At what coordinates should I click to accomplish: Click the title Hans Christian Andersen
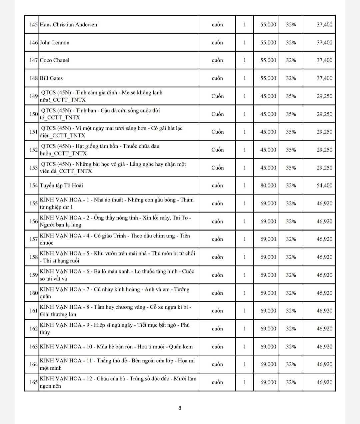coord(68,25)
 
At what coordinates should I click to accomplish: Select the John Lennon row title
coord(55,43)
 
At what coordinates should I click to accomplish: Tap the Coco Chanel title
coord(55,60)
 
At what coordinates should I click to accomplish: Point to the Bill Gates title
coord(51,78)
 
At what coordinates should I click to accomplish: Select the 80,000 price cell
coord(268,186)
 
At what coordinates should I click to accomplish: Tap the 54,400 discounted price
coord(324,186)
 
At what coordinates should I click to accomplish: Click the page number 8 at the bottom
coord(180,408)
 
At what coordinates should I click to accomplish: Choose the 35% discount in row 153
coord(291,168)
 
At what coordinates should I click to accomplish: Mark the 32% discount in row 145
coord(291,25)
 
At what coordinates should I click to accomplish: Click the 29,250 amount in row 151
coord(324,132)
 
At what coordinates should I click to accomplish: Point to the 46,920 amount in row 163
coord(324,347)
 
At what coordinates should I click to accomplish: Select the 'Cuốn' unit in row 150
coord(217,114)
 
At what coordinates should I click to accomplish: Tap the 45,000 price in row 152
coord(268,150)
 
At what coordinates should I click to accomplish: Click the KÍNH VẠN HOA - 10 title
coord(116,347)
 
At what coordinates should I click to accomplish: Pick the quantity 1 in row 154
coord(244,186)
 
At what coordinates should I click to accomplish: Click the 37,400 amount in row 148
coord(324,78)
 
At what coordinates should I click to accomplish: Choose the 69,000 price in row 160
coord(268,293)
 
